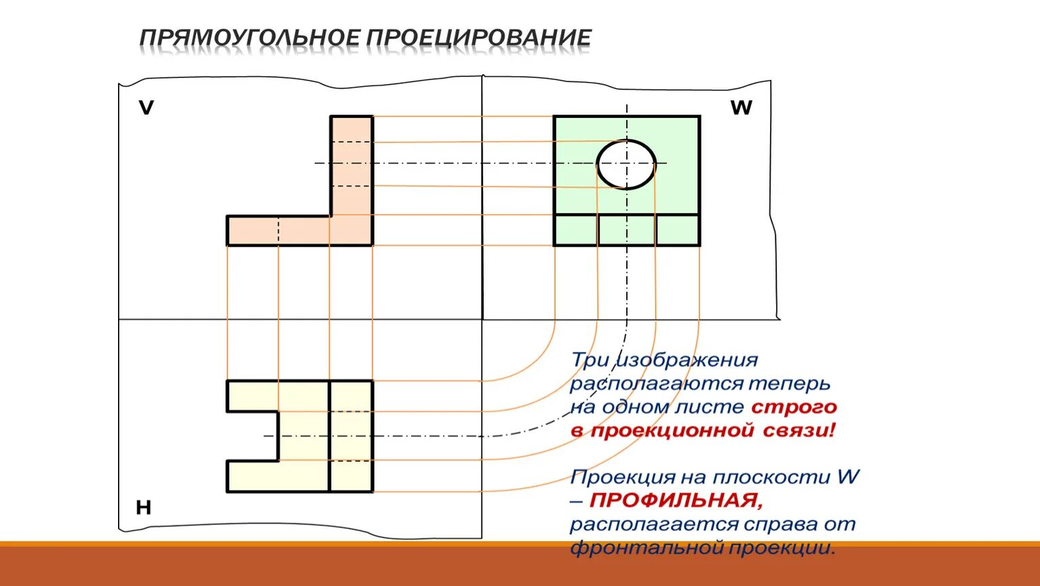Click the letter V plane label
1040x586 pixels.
146,108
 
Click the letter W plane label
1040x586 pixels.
741,108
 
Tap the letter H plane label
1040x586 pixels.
143,507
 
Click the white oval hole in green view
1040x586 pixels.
626,164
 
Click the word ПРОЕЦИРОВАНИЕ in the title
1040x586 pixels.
479,38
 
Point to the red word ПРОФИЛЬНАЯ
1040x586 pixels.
676,501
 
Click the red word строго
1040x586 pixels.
794,407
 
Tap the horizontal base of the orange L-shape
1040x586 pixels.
278,231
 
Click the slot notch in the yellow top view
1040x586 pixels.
252,436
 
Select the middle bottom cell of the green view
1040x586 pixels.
627,230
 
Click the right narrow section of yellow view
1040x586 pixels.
351,436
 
